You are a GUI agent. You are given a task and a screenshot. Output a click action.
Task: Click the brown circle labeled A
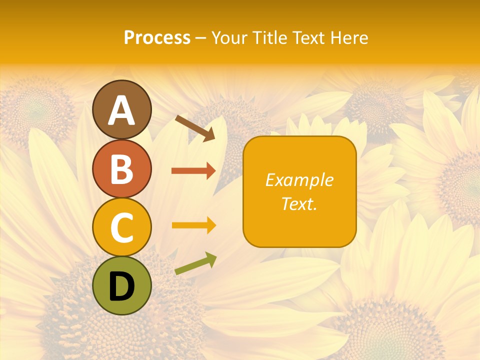click(x=122, y=109)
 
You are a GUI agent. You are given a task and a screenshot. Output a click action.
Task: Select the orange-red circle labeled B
click(x=122, y=168)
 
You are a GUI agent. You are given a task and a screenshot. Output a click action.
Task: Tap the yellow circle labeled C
click(x=122, y=227)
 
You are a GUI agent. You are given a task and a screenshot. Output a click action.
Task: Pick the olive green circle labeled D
click(x=122, y=286)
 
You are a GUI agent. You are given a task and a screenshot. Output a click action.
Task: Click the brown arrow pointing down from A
click(x=195, y=128)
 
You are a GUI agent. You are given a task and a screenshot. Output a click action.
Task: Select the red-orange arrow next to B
click(x=193, y=171)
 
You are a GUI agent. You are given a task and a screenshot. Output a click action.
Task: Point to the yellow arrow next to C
click(x=193, y=225)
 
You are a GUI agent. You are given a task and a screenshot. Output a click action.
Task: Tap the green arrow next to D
click(x=195, y=263)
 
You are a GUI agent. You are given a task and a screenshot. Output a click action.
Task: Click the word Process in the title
click(x=157, y=37)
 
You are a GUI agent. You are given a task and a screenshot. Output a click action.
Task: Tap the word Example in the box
click(x=299, y=180)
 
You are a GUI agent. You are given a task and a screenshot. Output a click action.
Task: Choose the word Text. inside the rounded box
click(x=299, y=203)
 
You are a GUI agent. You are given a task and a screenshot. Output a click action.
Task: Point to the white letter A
click(x=122, y=110)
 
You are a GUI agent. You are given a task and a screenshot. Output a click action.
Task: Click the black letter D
click(x=122, y=286)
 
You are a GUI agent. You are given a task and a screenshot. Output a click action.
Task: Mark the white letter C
click(x=122, y=228)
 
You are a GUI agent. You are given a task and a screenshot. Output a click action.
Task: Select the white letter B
click(x=122, y=169)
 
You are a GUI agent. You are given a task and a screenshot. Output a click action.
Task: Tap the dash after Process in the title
click(x=200, y=38)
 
